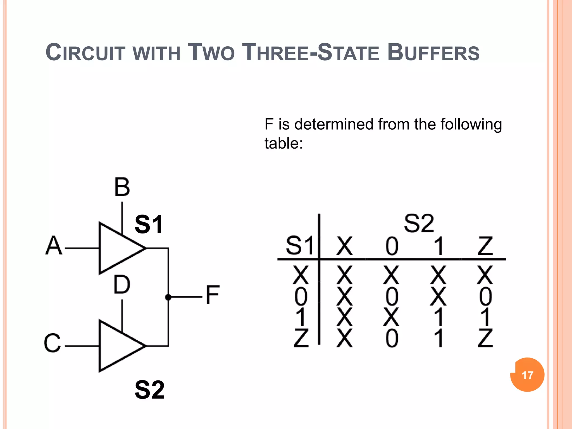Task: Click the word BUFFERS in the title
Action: (x=433, y=53)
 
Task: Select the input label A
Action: (x=53, y=246)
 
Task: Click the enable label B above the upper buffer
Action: (x=122, y=187)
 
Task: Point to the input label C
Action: (x=53, y=343)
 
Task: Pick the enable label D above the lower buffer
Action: (x=122, y=285)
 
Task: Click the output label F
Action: (x=213, y=295)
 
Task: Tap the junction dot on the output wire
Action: (x=168, y=297)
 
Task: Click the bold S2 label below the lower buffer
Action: (x=150, y=390)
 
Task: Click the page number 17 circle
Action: (x=527, y=375)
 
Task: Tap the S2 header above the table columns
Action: (x=419, y=223)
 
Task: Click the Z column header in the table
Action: (x=485, y=246)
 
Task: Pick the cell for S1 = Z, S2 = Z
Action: (x=485, y=338)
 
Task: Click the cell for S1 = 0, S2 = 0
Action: (x=392, y=296)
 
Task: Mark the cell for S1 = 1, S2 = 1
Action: (x=439, y=317)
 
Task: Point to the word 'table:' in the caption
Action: (x=283, y=144)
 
